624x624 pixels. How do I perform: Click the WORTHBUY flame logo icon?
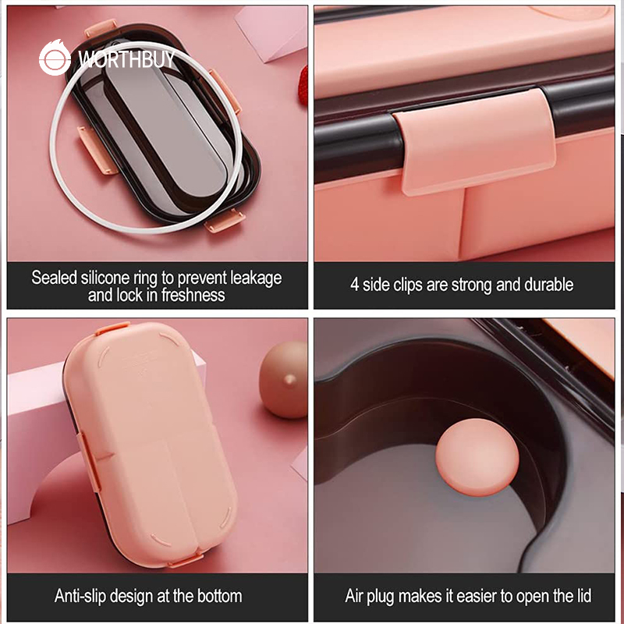pyautogui.click(x=55, y=58)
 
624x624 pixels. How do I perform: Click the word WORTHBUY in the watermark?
pyautogui.click(x=126, y=59)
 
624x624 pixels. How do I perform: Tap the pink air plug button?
pyautogui.click(x=477, y=457)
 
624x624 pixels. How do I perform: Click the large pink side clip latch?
pyautogui.click(x=474, y=141)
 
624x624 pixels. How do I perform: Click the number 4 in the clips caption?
pyautogui.click(x=354, y=285)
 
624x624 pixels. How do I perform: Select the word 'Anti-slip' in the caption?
pyautogui.click(x=80, y=596)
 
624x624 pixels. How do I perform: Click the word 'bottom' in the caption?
pyautogui.click(x=220, y=596)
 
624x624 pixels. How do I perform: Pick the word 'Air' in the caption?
pyautogui.click(x=354, y=596)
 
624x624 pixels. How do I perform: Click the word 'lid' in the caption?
pyautogui.click(x=583, y=596)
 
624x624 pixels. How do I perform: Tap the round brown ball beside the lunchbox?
pyautogui.click(x=284, y=379)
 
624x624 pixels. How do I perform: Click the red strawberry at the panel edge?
pyautogui.click(x=303, y=86)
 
